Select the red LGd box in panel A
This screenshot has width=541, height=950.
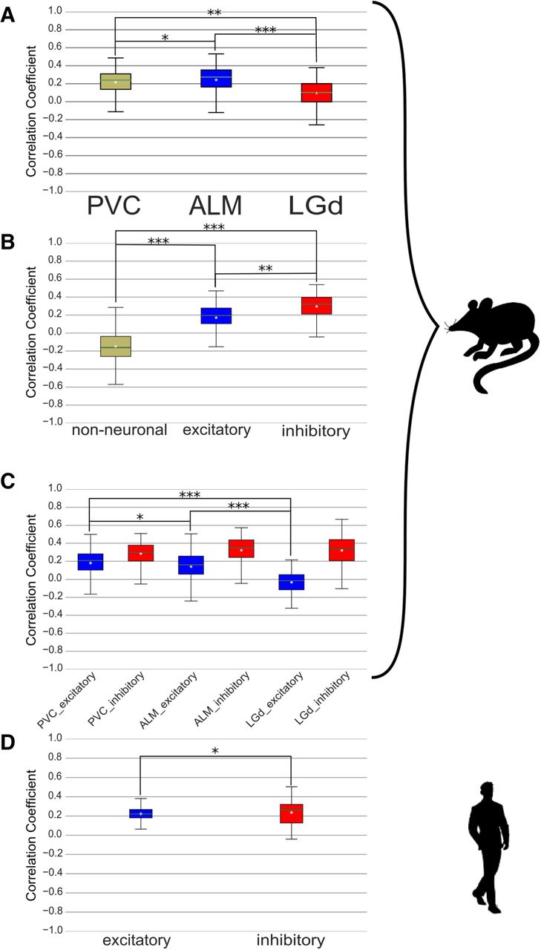coord(316,92)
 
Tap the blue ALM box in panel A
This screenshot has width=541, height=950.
coord(215,78)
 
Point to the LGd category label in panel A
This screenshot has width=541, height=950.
coord(315,206)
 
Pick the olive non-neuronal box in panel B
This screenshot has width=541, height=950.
coord(116,346)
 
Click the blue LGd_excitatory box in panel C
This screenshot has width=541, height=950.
coord(290,581)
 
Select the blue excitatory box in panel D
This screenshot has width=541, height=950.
coord(140,813)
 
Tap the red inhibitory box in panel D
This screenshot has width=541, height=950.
coord(291,813)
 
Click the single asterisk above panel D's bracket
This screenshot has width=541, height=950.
coord(215,752)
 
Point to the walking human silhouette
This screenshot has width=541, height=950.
coord(488,846)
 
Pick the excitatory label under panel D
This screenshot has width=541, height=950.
coord(137,940)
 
